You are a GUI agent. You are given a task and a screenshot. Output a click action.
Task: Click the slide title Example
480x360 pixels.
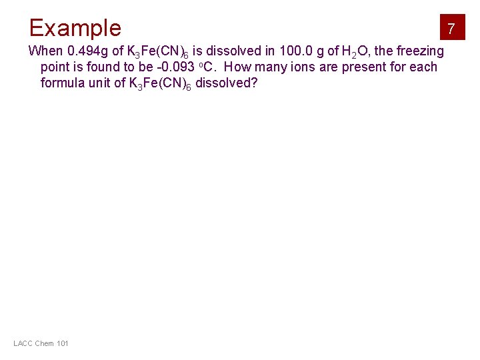75,28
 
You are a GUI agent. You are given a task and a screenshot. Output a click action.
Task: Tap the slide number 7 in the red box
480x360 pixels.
451,29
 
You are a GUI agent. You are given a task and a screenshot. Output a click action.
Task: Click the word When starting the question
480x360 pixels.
45,51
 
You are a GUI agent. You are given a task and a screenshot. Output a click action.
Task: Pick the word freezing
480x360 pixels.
420,51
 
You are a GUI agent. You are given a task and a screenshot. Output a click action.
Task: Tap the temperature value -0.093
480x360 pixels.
174,67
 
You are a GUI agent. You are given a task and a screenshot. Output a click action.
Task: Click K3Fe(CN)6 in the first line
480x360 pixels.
157,52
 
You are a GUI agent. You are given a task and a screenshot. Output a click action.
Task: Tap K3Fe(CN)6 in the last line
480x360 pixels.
160,84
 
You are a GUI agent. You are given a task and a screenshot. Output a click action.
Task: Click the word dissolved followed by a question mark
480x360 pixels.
226,83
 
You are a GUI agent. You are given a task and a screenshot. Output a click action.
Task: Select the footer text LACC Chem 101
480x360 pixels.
41,343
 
